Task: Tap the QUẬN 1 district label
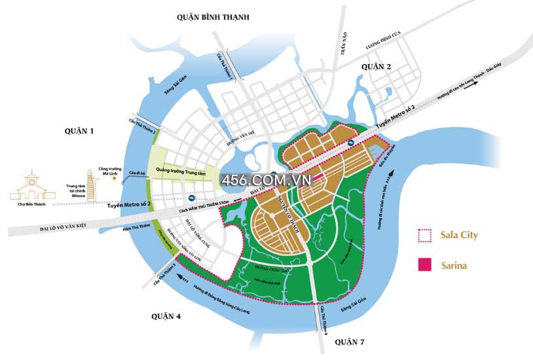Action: [79, 131]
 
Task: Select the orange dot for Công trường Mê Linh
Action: [115, 177]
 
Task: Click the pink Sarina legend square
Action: [425, 264]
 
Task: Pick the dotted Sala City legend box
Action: [425, 235]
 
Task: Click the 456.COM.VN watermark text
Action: [265, 179]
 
